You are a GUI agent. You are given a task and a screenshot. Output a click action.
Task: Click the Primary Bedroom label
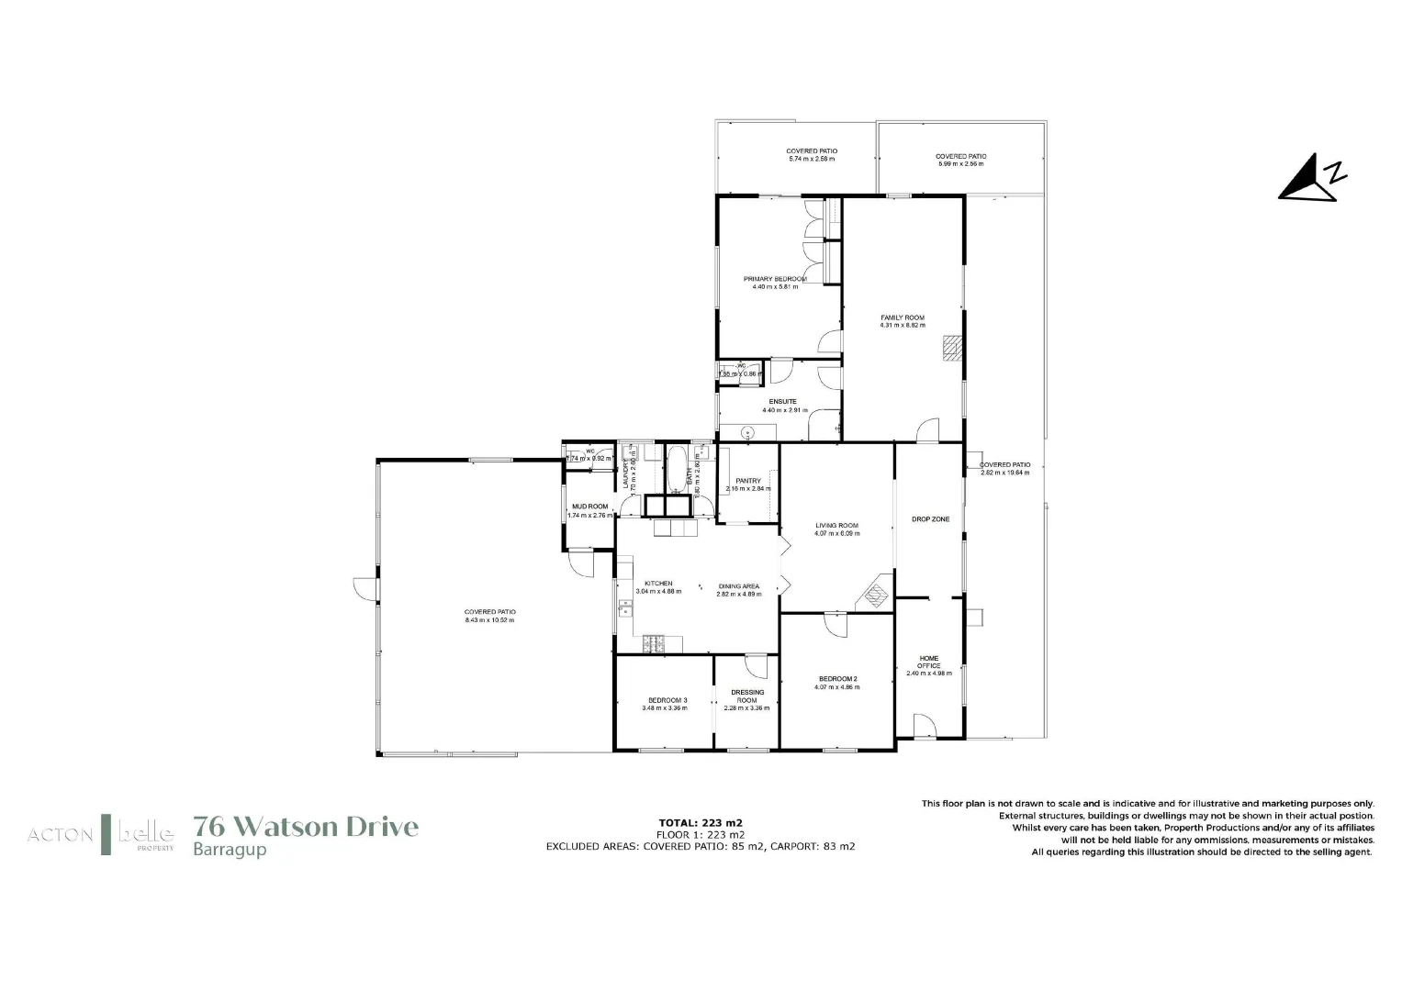775,279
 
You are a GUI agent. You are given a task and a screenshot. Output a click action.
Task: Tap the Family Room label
903,317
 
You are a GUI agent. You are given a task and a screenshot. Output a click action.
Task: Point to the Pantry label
748,481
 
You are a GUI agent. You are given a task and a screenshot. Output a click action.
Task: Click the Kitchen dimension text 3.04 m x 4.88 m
658,592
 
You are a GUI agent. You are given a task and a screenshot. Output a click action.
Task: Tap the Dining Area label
739,586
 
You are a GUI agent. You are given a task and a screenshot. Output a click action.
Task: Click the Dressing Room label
746,696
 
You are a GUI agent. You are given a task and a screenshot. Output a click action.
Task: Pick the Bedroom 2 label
837,679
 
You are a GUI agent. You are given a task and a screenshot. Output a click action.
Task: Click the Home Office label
929,662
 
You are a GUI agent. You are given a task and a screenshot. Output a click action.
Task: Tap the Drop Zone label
930,519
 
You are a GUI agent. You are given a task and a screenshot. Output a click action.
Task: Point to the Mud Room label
589,507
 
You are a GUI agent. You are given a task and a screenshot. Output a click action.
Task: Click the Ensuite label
782,402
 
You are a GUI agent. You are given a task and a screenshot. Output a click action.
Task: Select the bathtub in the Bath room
678,470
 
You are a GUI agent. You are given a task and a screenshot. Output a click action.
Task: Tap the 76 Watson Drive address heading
306,827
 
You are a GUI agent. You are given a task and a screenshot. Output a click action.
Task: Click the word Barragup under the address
230,850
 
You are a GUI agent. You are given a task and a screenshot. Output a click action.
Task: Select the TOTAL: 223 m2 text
701,822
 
